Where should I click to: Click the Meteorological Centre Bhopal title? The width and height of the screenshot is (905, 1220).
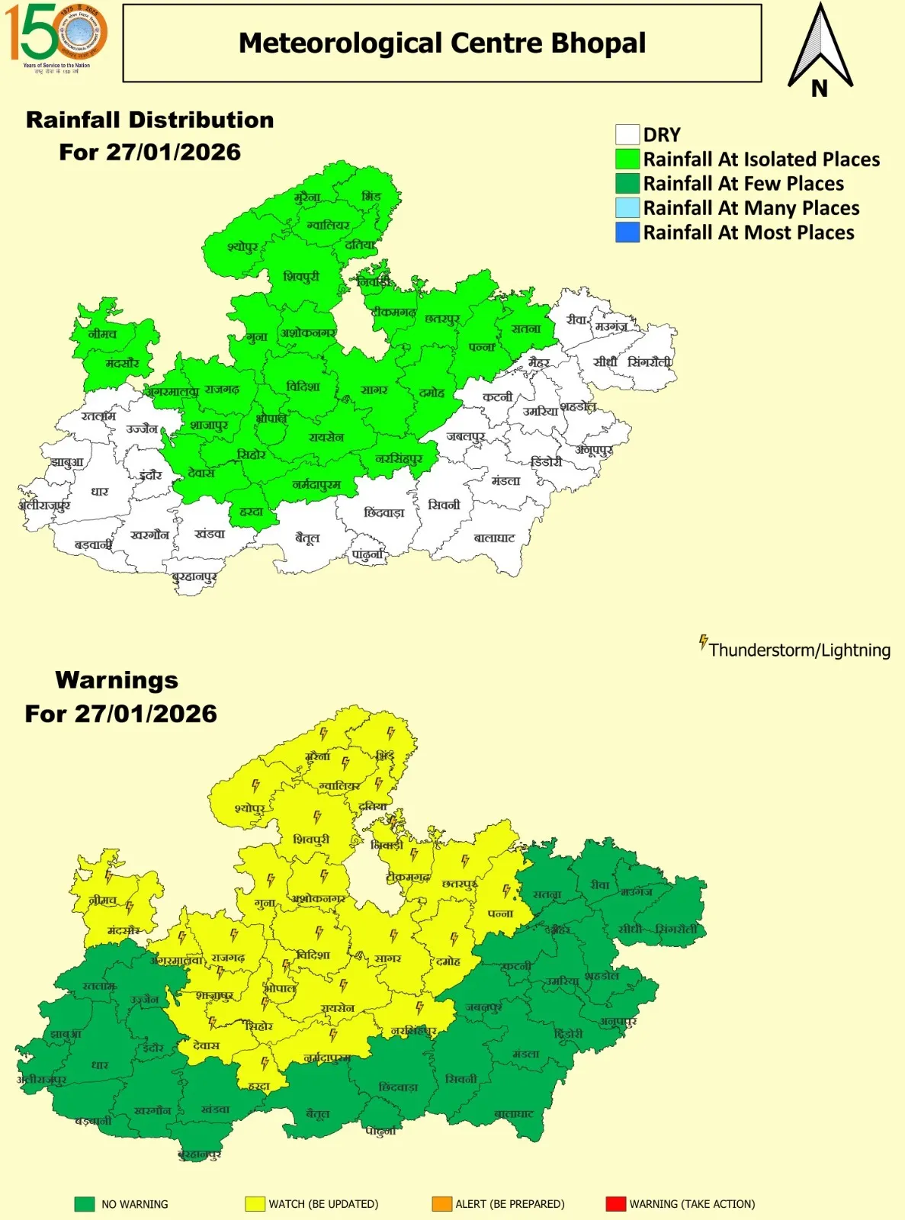(442, 43)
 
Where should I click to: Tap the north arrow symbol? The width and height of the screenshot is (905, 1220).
(820, 50)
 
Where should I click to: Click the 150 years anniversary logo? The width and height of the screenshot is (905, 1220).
(56, 36)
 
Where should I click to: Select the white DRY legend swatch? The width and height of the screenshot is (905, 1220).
(627, 135)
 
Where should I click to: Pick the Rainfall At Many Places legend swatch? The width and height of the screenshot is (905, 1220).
(627, 208)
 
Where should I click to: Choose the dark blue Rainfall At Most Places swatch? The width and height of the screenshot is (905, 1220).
(627, 233)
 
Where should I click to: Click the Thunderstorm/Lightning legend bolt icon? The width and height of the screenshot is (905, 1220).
(703, 642)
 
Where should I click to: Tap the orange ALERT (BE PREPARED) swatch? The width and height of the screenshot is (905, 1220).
(441, 1204)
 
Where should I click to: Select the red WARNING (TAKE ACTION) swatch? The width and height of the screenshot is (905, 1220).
(615, 1204)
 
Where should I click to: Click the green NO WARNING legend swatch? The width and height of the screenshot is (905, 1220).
(85, 1204)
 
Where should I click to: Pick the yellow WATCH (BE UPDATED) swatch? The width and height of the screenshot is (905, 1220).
(255, 1204)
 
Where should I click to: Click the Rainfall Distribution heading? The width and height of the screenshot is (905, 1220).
(149, 120)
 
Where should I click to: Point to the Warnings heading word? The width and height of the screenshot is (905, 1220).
(117, 680)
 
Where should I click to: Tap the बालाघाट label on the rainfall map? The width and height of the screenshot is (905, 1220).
(494, 538)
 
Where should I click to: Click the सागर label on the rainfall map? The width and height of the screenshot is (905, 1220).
(374, 390)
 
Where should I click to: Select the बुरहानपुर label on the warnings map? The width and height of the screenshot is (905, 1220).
(199, 1154)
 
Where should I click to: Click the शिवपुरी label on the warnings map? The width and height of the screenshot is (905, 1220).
(311, 840)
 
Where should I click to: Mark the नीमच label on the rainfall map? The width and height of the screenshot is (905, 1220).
(102, 334)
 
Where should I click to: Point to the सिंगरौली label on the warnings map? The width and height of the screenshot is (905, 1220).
(676, 929)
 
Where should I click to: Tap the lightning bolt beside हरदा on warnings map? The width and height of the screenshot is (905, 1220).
(265, 1062)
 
